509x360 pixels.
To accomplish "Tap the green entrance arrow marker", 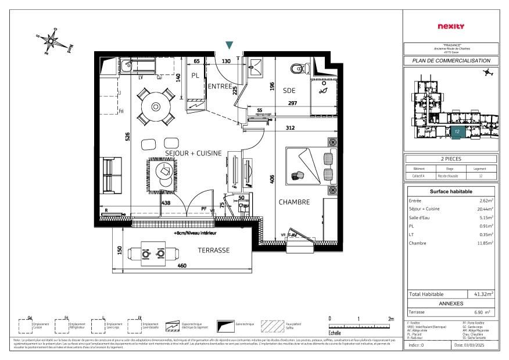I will click(x=230, y=45).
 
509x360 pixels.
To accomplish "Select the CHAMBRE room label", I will click(x=293, y=202).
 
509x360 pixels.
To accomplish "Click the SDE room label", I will click(x=289, y=91).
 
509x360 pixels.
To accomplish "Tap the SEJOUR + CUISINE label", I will click(x=193, y=153).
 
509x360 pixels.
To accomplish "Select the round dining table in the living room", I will click(x=156, y=106).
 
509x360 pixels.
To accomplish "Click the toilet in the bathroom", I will click(x=299, y=69).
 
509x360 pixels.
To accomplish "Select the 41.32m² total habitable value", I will click(x=483, y=295).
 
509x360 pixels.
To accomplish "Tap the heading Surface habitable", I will click(x=451, y=191).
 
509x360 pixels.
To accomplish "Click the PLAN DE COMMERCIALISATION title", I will click(x=451, y=60).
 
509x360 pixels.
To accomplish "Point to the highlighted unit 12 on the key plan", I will click(x=457, y=132).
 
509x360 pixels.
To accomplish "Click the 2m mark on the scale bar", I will click(x=390, y=319).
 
